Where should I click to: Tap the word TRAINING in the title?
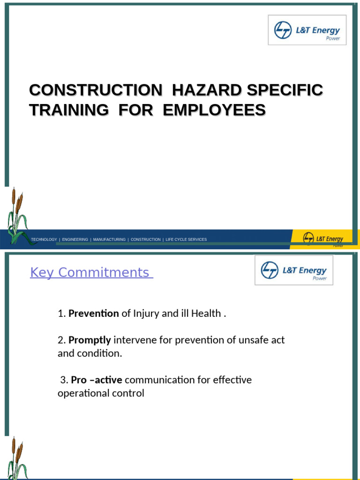[68, 110]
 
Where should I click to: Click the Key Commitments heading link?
[91, 272]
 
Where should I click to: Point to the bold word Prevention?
[93, 314]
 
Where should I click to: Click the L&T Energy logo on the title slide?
[307, 30]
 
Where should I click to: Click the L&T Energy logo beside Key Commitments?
[294, 270]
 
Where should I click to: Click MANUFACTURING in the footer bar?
[109, 240]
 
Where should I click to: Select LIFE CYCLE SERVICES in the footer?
[186, 240]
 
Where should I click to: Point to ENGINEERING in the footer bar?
[75, 240]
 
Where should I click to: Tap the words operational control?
[101, 393]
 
